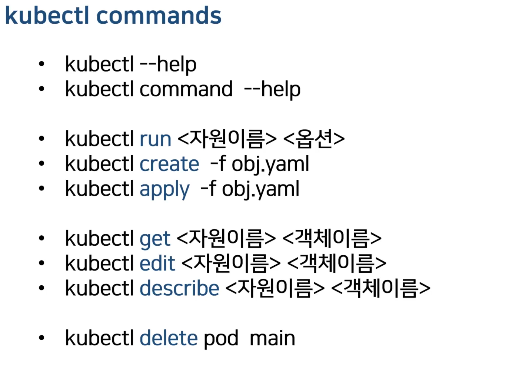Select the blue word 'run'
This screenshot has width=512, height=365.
pos(155,139)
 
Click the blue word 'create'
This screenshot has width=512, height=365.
pos(169,164)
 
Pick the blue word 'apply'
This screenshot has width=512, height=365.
pos(164,189)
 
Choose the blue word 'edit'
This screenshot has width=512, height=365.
pos(157,263)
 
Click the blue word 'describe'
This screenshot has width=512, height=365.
pos(179,288)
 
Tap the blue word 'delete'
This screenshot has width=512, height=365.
pos(169,338)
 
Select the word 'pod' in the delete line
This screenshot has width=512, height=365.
pos(221,339)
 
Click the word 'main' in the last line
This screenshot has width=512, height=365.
pos(272,338)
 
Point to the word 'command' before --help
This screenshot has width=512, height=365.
pos(186,89)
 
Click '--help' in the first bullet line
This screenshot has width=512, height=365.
pos(168,64)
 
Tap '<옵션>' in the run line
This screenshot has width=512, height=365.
pos(314,139)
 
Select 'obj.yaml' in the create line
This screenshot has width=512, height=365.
pos(270,164)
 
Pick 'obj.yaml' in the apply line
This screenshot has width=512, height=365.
pos(260,189)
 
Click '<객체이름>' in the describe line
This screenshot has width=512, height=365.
pos(380,288)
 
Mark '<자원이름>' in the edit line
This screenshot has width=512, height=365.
pos(231,263)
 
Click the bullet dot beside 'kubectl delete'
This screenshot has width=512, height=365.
pos(41,338)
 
